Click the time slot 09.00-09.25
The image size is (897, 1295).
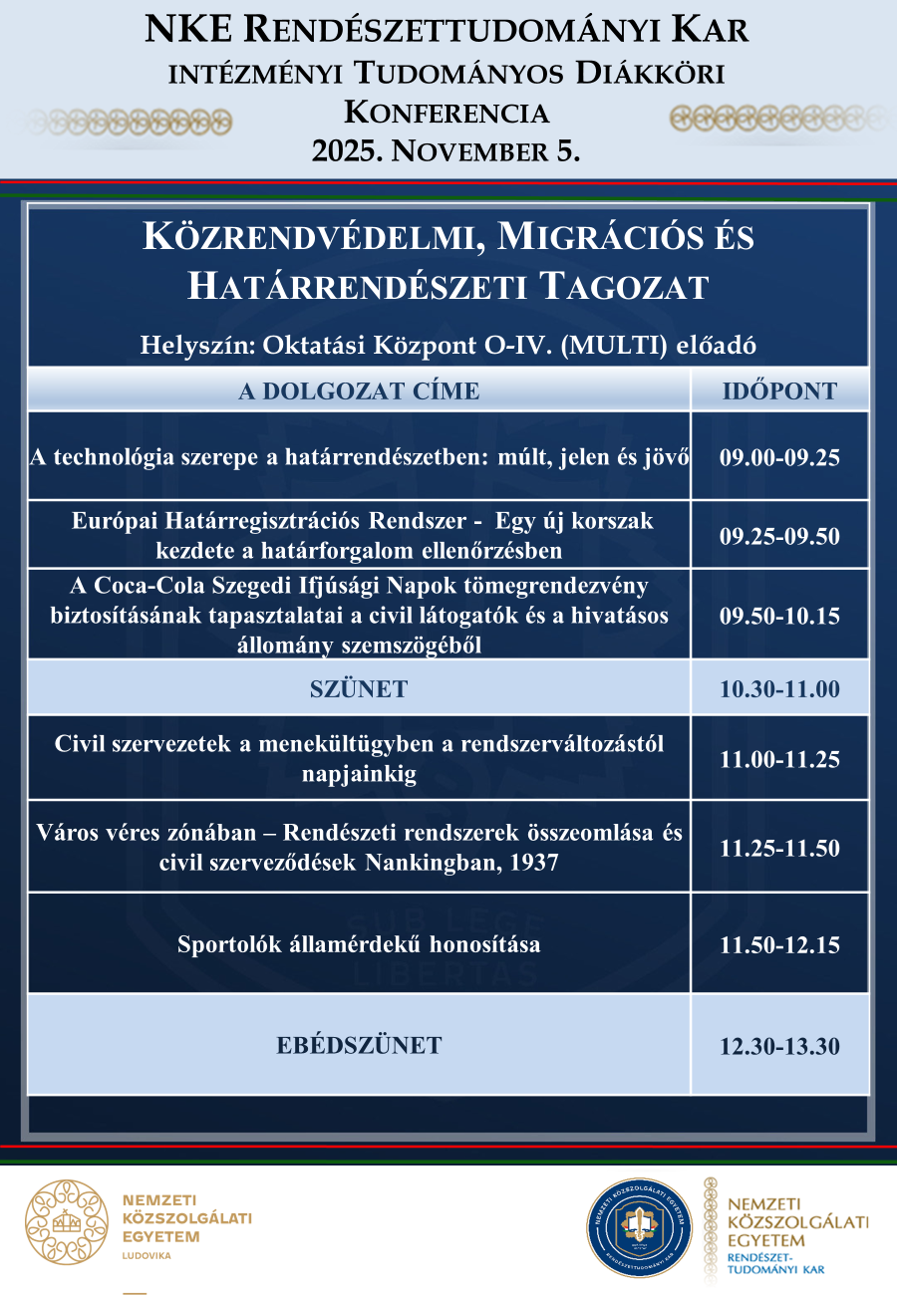click(x=779, y=458)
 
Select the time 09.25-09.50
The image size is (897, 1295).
click(x=779, y=536)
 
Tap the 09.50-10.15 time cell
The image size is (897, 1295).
click(x=779, y=616)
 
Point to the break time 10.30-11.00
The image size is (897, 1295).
click(x=779, y=689)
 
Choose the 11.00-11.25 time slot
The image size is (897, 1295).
click(x=779, y=759)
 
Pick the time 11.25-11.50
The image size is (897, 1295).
click(x=779, y=849)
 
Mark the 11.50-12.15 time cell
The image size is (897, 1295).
click(x=779, y=944)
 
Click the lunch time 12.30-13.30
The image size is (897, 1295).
click(x=779, y=1046)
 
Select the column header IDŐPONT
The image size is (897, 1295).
click(x=779, y=390)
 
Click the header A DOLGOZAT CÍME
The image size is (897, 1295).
click(x=359, y=390)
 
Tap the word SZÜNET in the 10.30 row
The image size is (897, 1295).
click(x=359, y=689)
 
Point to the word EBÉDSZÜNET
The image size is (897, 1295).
click(x=359, y=1046)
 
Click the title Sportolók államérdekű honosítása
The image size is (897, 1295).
click(x=359, y=944)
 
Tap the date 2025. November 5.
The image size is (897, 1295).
click(x=447, y=151)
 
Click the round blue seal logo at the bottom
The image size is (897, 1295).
click(x=639, y=1227)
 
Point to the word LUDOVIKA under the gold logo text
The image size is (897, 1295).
click(x=146, y=1256)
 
